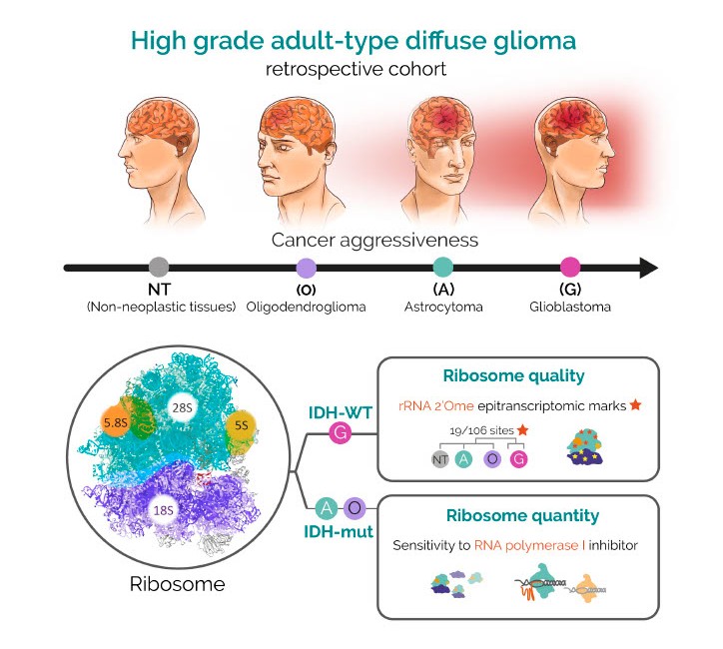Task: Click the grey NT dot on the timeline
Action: [x=158, y=267]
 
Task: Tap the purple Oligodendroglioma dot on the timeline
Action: [x=307, y=267]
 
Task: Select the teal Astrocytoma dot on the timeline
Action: [x=444, y=267]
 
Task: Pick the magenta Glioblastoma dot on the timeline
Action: [x=570, y=267]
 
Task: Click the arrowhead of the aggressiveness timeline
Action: [x=648, y=267]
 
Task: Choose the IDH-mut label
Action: [x=340, y=532]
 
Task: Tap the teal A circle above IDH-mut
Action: [x=326, y=508]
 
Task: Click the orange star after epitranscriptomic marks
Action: [x=635, y=405]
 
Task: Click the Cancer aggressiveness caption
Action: [x=361, y=241]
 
